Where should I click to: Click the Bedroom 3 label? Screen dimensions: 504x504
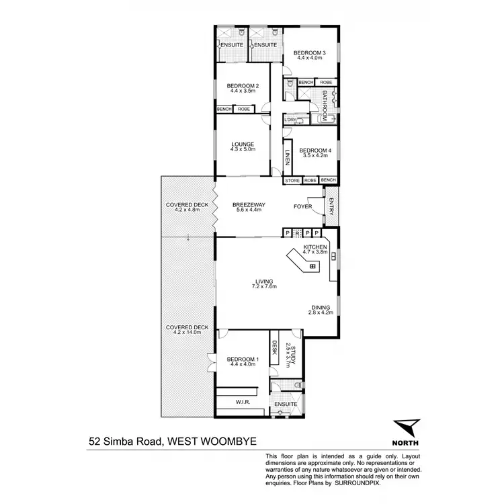(310, 52)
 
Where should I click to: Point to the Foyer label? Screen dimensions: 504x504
(303, 206)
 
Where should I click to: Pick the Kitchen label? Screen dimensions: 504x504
(315, 247)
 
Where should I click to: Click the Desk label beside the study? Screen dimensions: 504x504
(274, 347)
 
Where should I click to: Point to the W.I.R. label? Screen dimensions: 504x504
(243, 402)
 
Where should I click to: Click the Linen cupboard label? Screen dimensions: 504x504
(287, 157)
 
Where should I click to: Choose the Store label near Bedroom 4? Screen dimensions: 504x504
(292, 180)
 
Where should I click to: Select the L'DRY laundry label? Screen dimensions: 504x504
(290, 120)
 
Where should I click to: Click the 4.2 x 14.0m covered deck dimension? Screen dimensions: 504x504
(187, 332)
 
